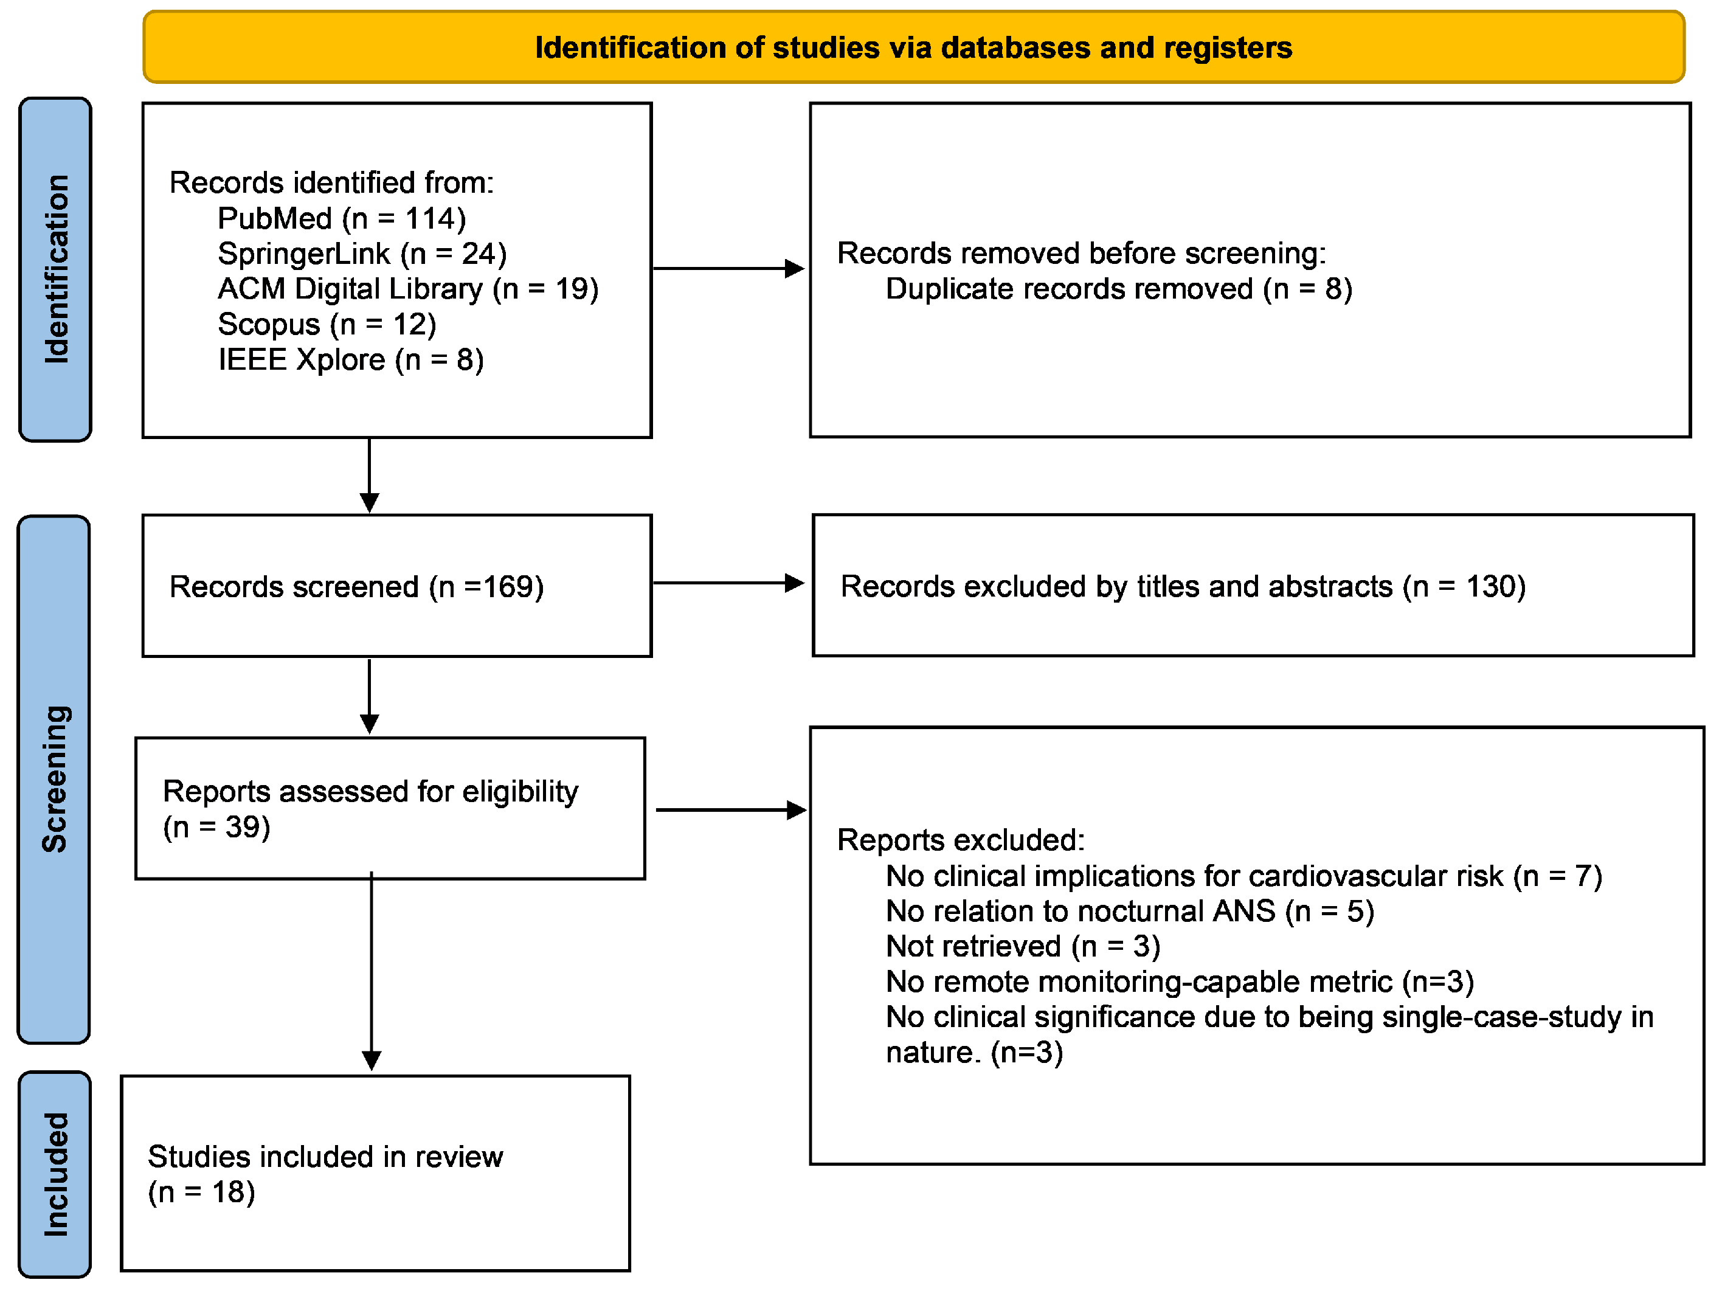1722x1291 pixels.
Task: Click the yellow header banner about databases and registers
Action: pos(913,47)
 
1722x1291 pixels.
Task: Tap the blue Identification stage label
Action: pos(55,269)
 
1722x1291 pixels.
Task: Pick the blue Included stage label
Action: pos(55,1174)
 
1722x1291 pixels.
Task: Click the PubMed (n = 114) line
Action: pos(341,218)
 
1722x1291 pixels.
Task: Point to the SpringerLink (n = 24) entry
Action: pos(362,253)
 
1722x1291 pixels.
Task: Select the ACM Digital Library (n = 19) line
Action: pos(408,289)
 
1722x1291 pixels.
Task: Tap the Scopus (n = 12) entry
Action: pos(327,324)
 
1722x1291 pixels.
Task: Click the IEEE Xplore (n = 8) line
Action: pos(350,360)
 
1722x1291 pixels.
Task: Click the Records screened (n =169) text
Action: pos(356,586)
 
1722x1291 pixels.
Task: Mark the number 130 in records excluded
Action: pos(1490,586)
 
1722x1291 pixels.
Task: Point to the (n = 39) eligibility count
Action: pos(216,827)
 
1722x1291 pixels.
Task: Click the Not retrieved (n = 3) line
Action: pos(1022,946)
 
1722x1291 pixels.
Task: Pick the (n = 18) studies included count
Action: pos(202,1192)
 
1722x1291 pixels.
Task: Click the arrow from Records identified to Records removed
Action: pos(728,269)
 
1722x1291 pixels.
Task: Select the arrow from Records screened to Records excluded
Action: pos(728,583)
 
